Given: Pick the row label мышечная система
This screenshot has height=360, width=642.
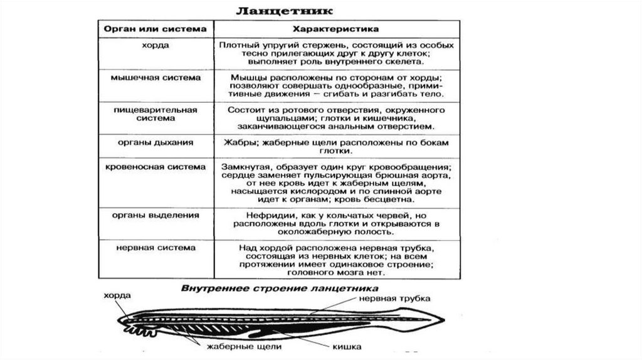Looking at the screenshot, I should (155, 78).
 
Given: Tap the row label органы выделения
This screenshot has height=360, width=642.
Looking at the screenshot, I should (155, 215).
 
